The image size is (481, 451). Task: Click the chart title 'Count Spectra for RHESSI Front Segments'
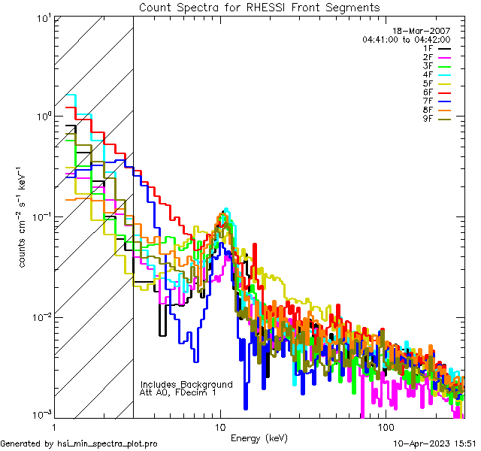coord(259,8)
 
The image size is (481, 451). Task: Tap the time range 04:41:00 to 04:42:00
coord(406,39)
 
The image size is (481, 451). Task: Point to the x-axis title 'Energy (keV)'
coord(259,438)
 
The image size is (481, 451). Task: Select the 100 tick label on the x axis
coord(384,427)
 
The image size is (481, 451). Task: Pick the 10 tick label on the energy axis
coord(219,427)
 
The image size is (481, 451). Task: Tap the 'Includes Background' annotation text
coord(186,384)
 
